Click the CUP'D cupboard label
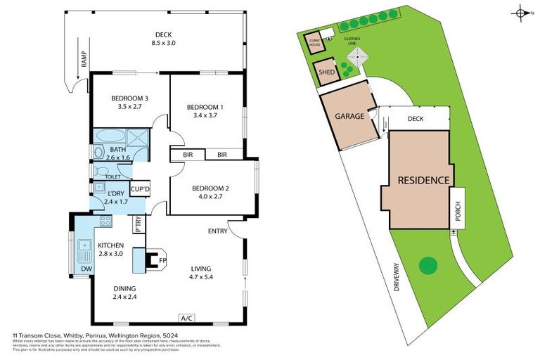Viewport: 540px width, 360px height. click(140, 190)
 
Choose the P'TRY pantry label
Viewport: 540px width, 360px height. click(139, 224)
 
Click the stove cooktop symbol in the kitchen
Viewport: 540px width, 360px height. click(105, 221)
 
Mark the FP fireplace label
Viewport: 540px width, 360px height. click(162, 260)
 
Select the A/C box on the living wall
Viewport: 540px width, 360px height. click(187, 317)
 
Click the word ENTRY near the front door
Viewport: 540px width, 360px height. click(217, 231)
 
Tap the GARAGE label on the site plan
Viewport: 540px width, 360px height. click(349, 116)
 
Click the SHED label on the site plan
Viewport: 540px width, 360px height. click(326, 72)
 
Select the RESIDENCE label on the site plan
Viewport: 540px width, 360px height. click(423, 180)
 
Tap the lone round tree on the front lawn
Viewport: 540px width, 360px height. click(426, 266)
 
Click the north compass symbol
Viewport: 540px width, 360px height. click(521, 12)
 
